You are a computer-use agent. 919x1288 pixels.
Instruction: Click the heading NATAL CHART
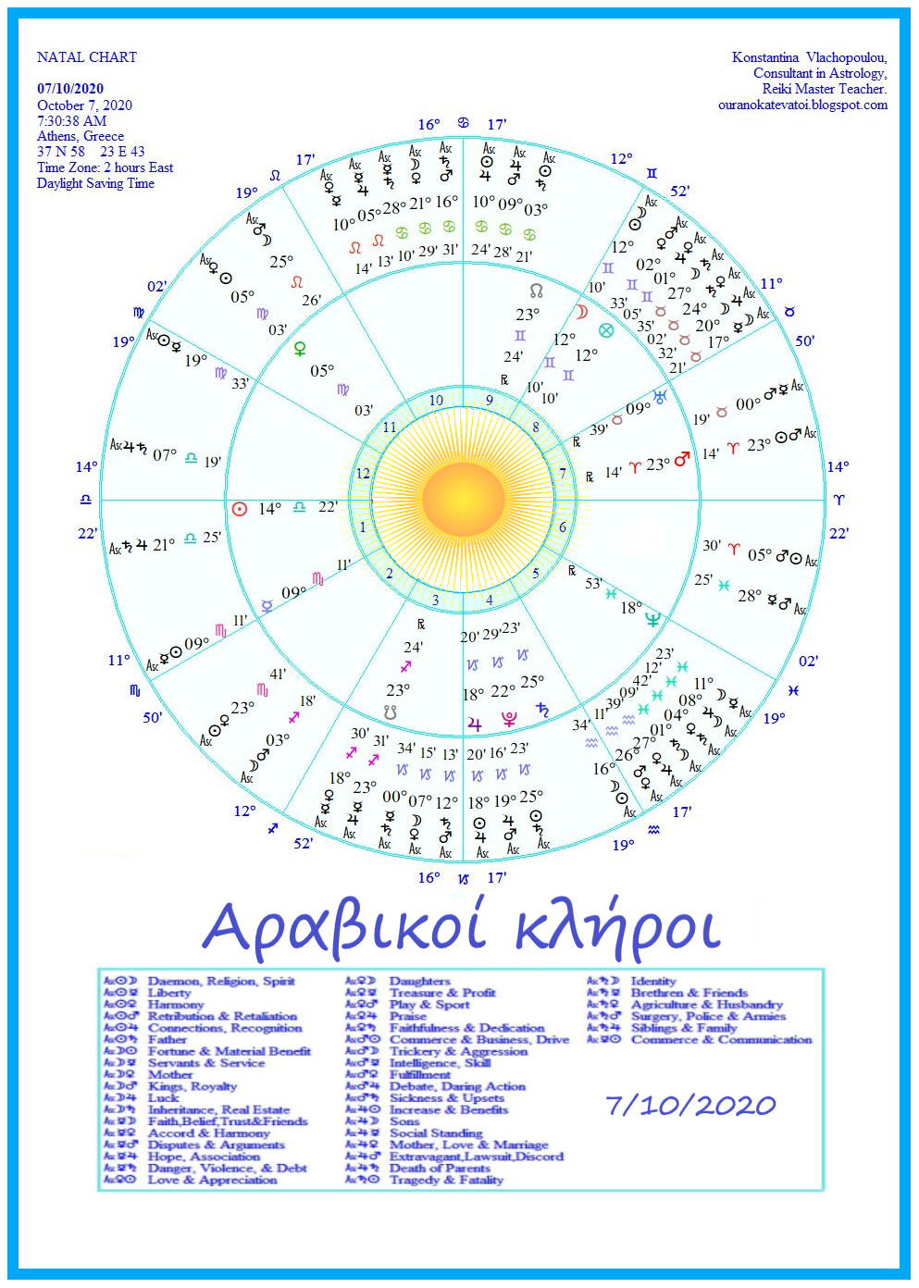coord(87,57)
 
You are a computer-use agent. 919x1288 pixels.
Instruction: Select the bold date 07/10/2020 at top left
coord(70,89)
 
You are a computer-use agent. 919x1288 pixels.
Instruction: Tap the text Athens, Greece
coord(81,136)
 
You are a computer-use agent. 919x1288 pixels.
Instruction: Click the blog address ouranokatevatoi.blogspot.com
coord(802,105)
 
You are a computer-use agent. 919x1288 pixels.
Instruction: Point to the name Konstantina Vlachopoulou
coord(809,57)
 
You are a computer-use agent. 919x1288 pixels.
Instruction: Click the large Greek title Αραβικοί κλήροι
coord(461,928)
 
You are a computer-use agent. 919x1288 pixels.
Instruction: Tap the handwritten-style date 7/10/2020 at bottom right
coord(690,1105)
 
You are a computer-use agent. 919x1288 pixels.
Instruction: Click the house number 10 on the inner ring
coord(436,401)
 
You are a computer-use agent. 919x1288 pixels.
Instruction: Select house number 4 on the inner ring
coord(490,600)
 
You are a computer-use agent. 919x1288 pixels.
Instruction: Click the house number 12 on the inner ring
coord(363,474)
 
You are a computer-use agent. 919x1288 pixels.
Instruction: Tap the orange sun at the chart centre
coord(460,501)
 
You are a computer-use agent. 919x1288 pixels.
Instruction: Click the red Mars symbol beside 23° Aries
coord(682,460)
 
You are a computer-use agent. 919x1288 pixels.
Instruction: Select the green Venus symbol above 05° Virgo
coord(300,349)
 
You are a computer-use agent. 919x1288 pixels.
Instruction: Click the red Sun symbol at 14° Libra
coord(240,508)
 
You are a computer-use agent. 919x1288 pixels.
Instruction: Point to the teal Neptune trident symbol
coord(653,619)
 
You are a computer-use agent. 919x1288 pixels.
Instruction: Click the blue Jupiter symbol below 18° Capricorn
coord(475,724)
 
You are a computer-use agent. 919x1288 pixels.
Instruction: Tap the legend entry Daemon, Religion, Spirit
coord(221,981)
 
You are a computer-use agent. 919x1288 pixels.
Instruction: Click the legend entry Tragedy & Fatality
coord(446,1180)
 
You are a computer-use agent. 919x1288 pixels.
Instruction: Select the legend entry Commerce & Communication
coord(721,1040)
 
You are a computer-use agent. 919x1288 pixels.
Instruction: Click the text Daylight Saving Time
coord(95,183)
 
